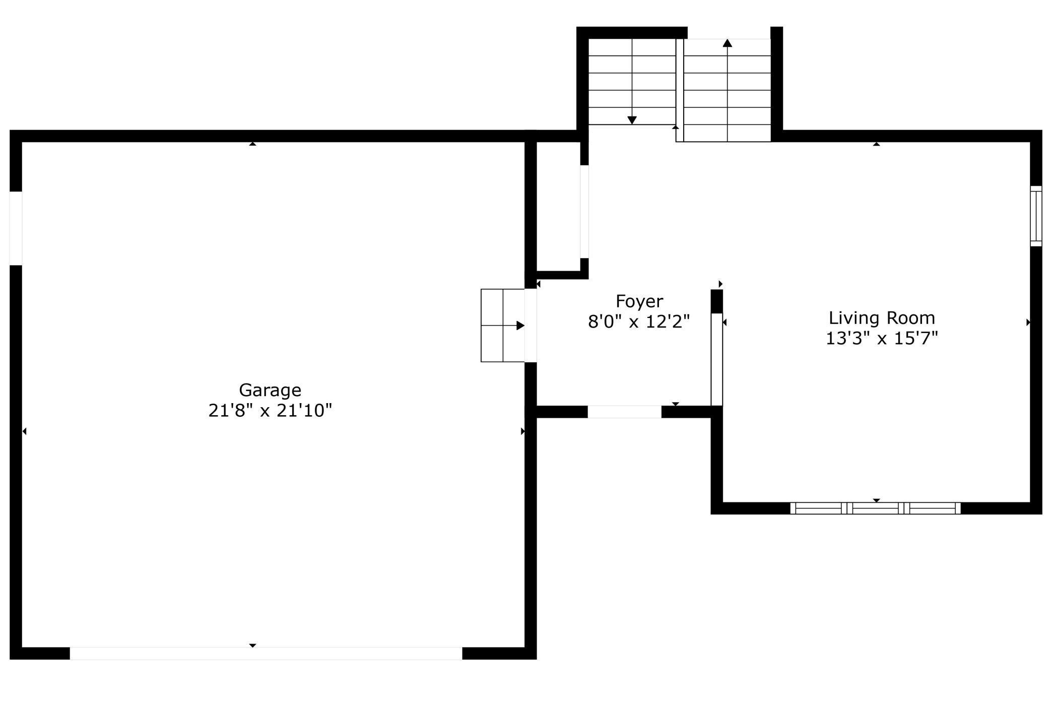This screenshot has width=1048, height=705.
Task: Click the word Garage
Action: [270, 391]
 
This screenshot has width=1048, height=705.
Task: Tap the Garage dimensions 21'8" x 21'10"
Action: [270, 411]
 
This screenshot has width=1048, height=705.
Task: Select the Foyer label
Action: [639, 302]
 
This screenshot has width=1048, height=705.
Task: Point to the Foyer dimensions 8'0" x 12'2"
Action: [639, 321]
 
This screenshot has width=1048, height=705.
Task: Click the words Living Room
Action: [882, 318]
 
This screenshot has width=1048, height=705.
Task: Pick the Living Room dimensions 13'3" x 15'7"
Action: [882, 338]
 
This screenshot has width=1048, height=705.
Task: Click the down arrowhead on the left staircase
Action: [632, 120]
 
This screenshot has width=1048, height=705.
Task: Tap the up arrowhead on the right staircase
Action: [727, 43]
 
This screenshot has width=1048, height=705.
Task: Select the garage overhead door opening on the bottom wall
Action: [266, 653]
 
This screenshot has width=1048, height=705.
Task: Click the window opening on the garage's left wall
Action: [16, 228]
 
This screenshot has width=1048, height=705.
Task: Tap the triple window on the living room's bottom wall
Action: [875, 508]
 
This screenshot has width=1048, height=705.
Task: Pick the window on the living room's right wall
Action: [1036, 216]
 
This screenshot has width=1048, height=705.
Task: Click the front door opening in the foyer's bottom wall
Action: [624, 412]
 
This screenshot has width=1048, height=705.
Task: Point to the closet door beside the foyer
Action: [584, 212]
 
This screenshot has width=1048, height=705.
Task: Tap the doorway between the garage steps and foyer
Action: [531, 326]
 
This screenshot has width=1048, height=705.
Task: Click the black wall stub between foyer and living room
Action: [716, 301]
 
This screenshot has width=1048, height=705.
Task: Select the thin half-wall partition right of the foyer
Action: [716, 359]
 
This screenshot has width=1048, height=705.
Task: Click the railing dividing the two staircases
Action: [680, 90]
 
